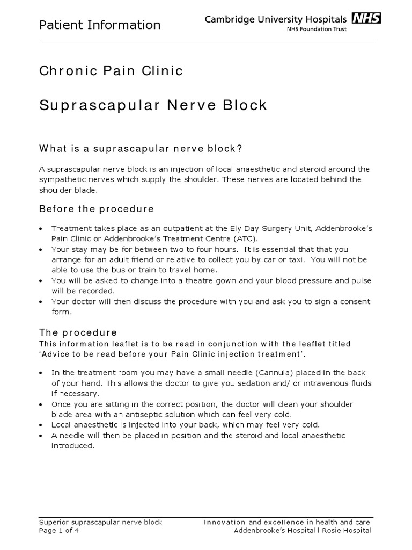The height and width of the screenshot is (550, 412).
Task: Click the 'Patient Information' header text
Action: point(100,25)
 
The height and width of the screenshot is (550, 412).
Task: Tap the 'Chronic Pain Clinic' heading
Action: point(112,71)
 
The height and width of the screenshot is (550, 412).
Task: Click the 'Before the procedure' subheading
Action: point(97,208)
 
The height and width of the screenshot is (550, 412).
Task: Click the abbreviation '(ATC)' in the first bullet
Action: point(245,238)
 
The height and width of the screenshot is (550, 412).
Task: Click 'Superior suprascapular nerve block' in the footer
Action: point(101,522)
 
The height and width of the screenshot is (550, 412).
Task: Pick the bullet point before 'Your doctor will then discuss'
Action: point(42,302)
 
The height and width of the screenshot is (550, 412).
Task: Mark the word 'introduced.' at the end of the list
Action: point(72,445)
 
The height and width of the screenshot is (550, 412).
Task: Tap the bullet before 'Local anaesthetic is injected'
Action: point(42,425)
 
